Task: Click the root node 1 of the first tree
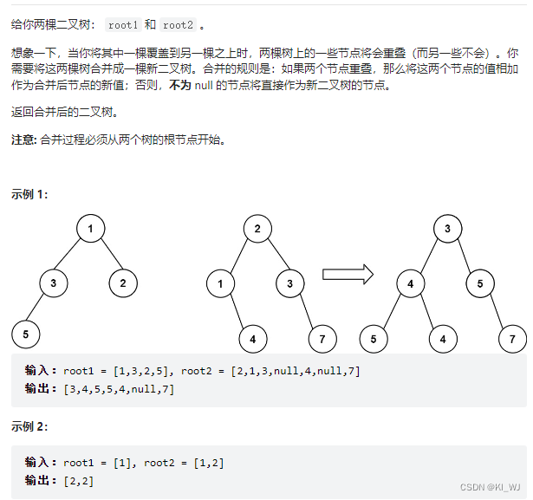[x=90, y=230]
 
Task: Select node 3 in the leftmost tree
[x=53, y=282]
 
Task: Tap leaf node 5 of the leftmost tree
[x=26, y=333]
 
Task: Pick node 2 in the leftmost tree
[x=123, y=282]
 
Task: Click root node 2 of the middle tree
[x=257, y=230]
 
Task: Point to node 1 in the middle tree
[x=220, y=282]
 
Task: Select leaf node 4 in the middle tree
[x=252, y=338]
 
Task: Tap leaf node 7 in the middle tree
[x=322, y=338]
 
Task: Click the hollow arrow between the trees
[x=348, y=275]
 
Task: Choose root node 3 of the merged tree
[x=447, y=230]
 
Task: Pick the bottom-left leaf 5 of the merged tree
[x=374, y=338]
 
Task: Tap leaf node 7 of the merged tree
[x=512, y=338]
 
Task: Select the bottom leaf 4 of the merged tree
[x=443, y=338]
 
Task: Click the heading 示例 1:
[x=30, y=194]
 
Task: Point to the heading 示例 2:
[x=30, y=426]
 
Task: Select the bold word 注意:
[x=24, y=140]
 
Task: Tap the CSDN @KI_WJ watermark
[x=490, y=488]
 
